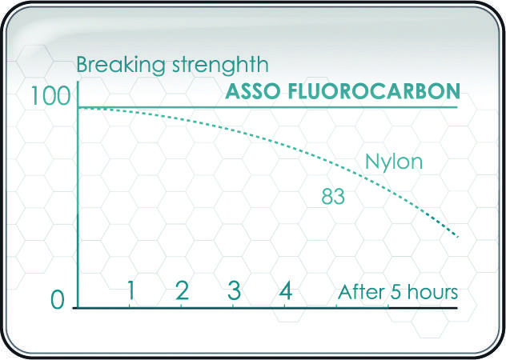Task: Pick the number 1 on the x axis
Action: pyautogui.click(x=131, y=290)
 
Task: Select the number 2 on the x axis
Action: pyautogui.click(x=182, y=290)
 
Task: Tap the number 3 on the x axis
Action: pyautogui.click(x=234, y=290)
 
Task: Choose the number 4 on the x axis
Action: pyautogui.click(x=285, y=290)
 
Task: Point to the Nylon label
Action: pyautogui.click(x=393, y=163)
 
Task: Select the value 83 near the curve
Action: pyautogui.click(x=333, y=195)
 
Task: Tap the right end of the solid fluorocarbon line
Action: pyautogui.click(x=456, y=107)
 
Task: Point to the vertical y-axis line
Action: pyautogui.click(x=78, y=200)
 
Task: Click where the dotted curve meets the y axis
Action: pyautogui.click(x=78, y=107)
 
